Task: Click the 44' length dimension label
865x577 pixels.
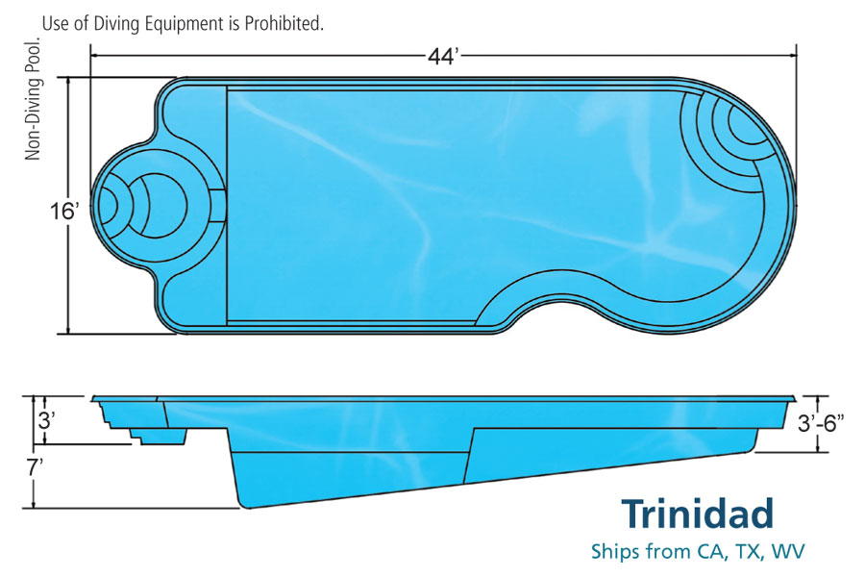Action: coord(443,56)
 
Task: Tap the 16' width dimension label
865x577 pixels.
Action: coord(64,211)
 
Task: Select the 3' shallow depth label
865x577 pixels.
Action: coord(46,421)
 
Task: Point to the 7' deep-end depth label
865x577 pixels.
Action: coord(36,467)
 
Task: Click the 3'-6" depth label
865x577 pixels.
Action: coord(821,423)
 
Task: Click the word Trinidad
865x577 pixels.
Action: coord(698,514)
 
